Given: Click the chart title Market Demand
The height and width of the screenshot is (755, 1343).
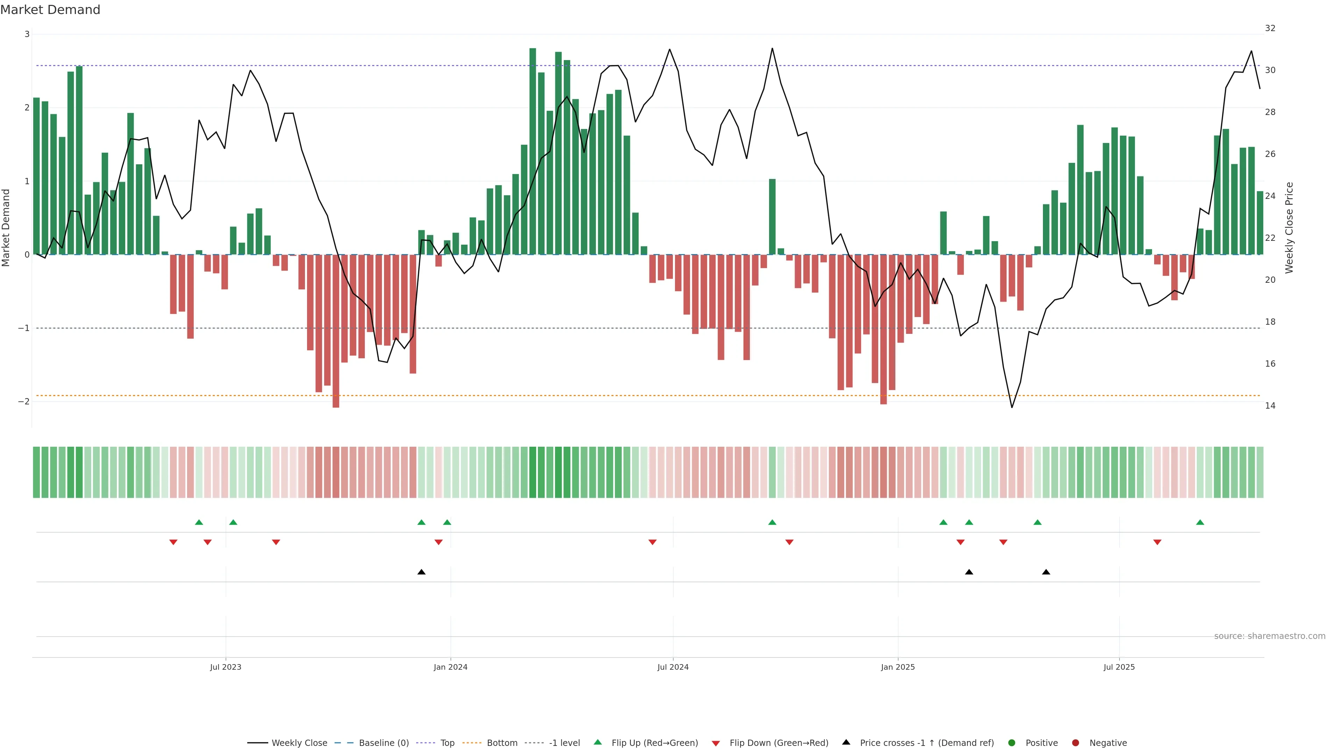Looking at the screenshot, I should [50, 10].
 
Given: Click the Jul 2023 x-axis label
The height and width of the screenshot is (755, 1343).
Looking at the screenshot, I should [225, 667].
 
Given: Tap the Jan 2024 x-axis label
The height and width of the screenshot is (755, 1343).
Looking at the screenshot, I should [450, 667].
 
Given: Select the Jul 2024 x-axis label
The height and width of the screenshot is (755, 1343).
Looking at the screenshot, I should [673, 667].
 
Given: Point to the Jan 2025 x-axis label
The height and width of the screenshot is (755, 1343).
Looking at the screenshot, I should [898, 667].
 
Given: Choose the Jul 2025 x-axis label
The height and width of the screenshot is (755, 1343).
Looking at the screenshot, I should [1119, 667].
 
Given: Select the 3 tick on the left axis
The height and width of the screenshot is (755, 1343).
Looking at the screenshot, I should [27, 34].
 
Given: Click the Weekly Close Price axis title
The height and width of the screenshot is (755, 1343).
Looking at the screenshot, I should [1289, 228].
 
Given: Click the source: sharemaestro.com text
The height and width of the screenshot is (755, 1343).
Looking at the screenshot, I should [1270, 636].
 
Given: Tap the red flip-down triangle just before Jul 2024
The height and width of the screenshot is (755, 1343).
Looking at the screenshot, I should [652, 542].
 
